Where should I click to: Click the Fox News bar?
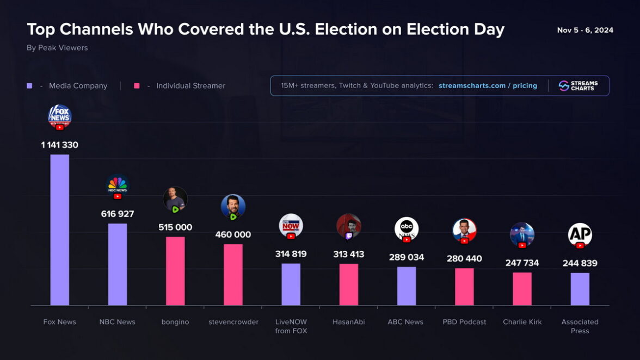(60, 229)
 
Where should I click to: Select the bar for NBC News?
(118, 264)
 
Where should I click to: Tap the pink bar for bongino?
(175, 271)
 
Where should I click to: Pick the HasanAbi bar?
(349, 284)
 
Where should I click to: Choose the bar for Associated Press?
(580, 289)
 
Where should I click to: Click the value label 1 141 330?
(60, 145)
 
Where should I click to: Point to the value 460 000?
(233, 235)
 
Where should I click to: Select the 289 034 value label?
(407, 257)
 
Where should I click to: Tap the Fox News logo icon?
(60, 116)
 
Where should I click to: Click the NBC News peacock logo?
(118, 185)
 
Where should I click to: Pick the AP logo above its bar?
(580, 235)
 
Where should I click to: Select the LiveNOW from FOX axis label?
(291, 326)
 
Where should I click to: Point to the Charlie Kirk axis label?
(522, 322)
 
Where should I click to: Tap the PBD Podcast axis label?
(464, 322)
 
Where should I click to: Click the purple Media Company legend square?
(29, 86)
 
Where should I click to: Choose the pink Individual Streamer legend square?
(137, 86)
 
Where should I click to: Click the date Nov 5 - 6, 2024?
(585, 30)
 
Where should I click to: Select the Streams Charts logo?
(579, 86)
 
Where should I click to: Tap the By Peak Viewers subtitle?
(57, 48)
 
